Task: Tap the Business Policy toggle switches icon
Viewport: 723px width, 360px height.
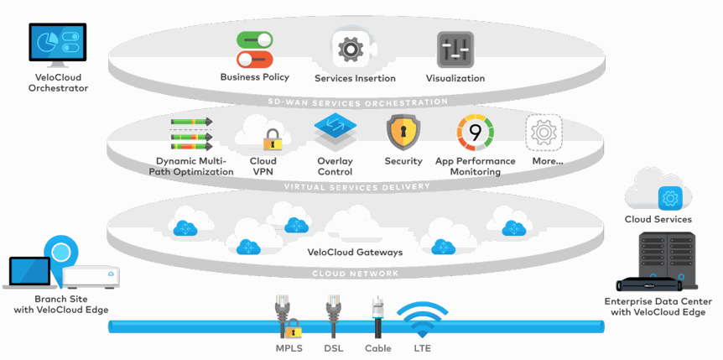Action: coord(255,50)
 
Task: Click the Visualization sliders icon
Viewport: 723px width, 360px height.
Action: coord(455,50)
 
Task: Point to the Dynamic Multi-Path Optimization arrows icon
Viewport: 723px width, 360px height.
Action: coord(192,134)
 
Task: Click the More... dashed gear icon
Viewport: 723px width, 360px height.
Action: coord(544,133)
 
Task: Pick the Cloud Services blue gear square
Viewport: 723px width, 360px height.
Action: coord(669,198)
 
